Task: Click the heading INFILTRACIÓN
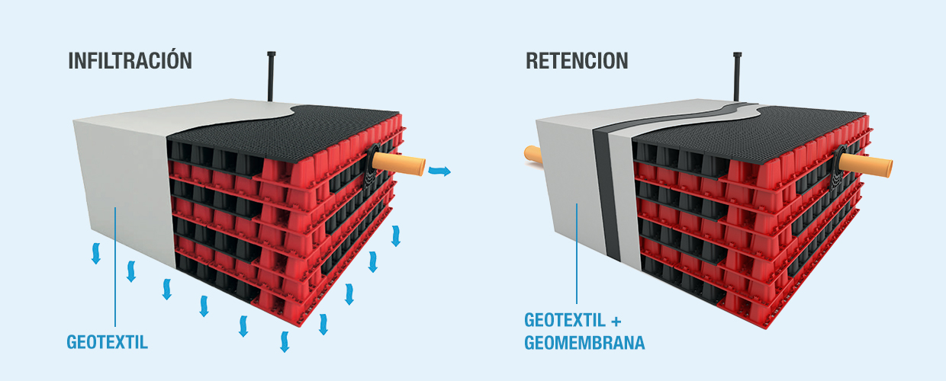(130, 61)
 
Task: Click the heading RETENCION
(577, 61)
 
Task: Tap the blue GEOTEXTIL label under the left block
(107, 342)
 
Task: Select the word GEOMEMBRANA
(584, 343)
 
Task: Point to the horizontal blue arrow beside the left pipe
(439, 171)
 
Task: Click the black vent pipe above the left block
(271, 75)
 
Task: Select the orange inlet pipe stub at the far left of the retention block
(533, 154)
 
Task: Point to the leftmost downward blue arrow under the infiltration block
(96, 254)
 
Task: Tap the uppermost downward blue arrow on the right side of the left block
(395, 235)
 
